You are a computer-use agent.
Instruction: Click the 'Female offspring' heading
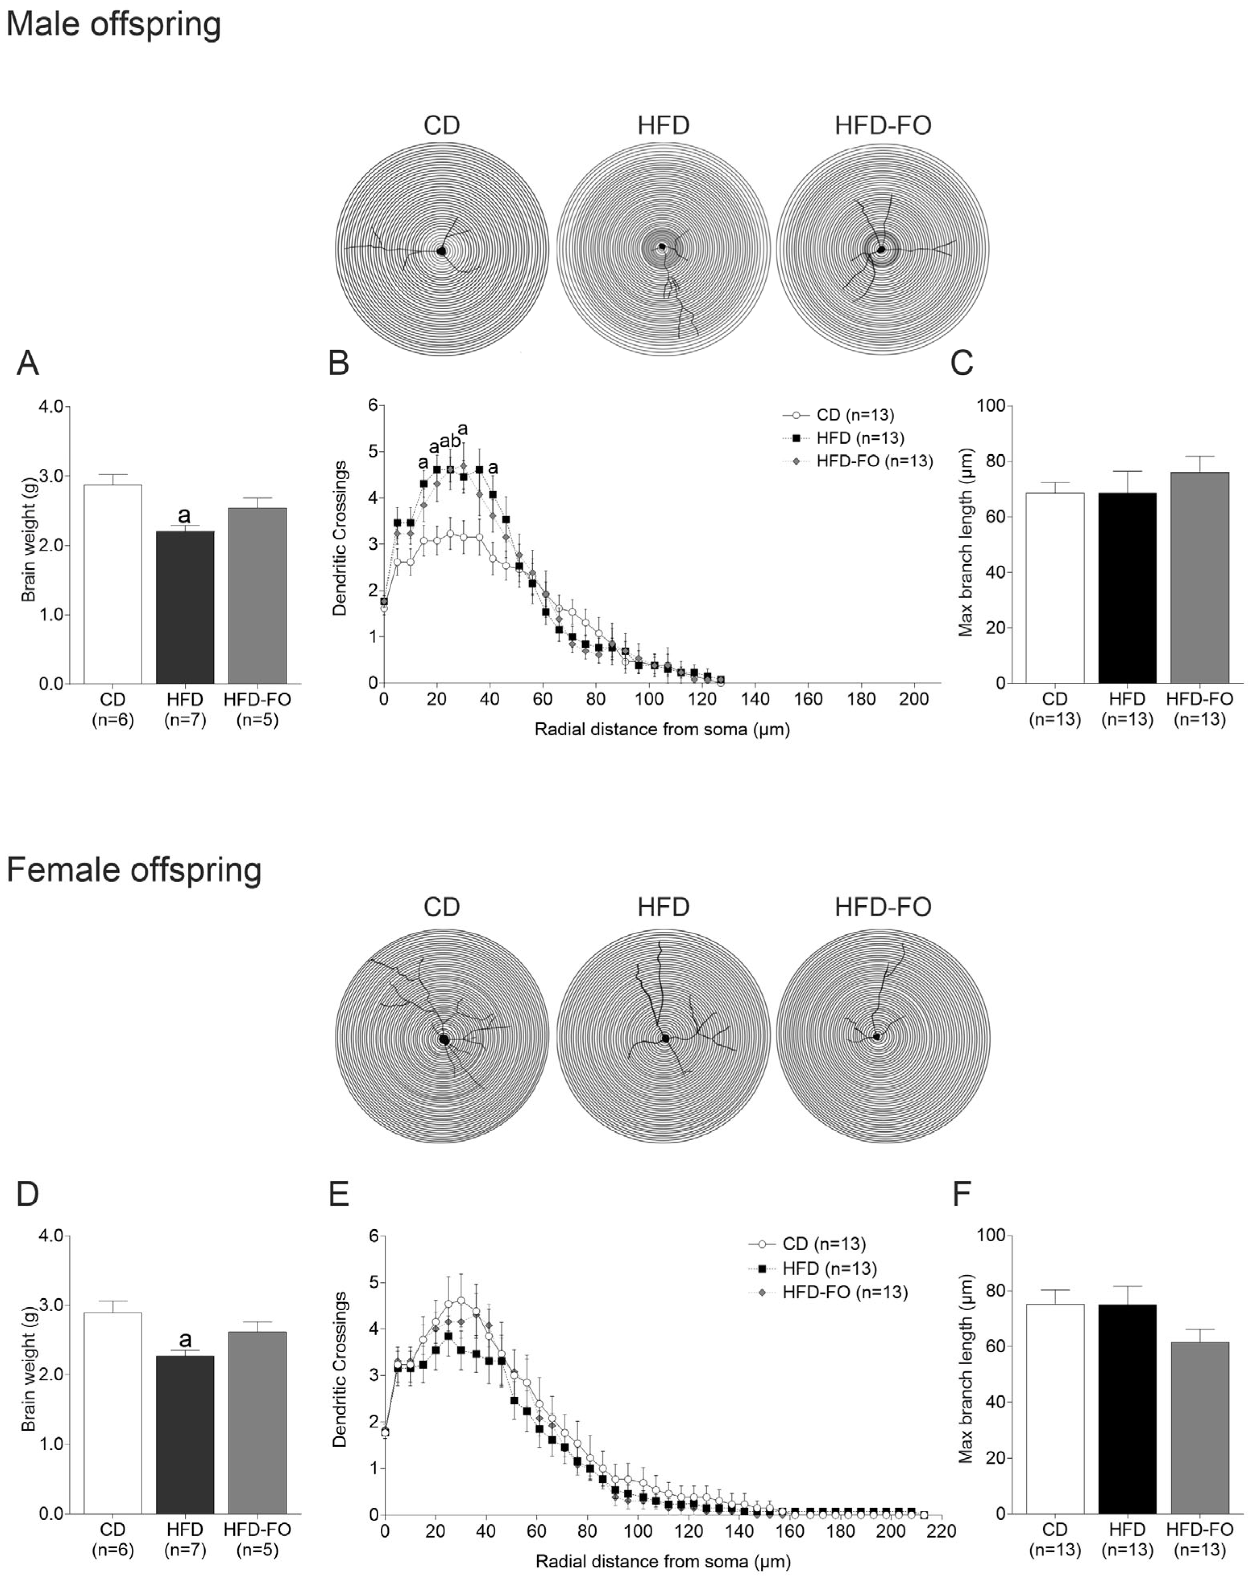coord(134,871)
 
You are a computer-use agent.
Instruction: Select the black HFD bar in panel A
coord(185,607)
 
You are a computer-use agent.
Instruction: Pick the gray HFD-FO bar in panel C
coord(1199,578)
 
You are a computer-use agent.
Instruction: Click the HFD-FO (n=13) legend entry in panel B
coord(874,461)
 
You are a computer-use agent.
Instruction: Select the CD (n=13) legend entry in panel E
coord(823,1243)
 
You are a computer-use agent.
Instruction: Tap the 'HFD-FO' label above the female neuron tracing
coord(883,907)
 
